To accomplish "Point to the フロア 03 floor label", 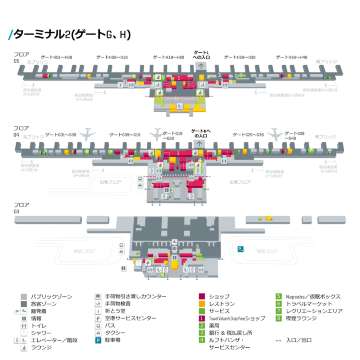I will [15, 209].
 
